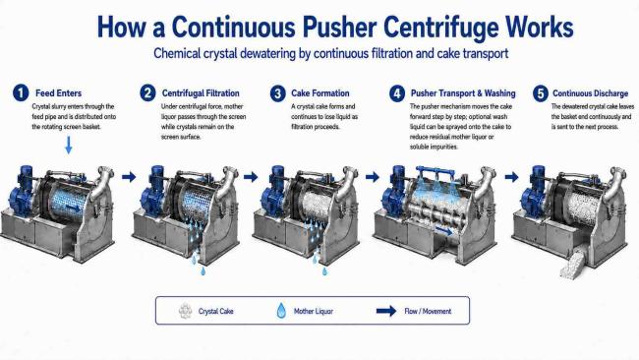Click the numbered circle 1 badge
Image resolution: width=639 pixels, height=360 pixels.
[x=21, y=92]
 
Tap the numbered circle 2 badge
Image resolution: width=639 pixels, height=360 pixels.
[x=147, y=93]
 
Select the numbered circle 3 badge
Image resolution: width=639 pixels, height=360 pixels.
[x=277, y=93]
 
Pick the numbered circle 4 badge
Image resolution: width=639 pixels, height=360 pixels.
[x=396, y=93]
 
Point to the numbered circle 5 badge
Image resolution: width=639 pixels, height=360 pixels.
[x=541, y=93]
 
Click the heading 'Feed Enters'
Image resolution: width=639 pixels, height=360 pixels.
[x=58, y=93]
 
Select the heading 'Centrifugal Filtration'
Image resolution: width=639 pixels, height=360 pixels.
[x=201, y=93]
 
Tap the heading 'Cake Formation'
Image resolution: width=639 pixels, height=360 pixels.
[x=319, y=93]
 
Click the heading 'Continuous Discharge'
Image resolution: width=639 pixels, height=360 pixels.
[x=590, y=93]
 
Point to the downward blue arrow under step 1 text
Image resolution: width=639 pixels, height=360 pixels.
[x=69, y=146]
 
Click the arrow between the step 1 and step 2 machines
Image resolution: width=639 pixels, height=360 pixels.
[x=129, y=176]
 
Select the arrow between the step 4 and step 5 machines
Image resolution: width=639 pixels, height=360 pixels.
[x=511, y=176]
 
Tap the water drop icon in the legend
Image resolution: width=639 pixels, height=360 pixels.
[x=281, y=311]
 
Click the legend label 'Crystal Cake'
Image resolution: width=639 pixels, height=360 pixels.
[x=215, y=311]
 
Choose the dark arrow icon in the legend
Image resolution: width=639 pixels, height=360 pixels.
[x=386, y=311]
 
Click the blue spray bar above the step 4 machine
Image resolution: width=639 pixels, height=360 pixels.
[x=436, y=171]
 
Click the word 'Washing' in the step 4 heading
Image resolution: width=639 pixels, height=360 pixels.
[x=499, y=93]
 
